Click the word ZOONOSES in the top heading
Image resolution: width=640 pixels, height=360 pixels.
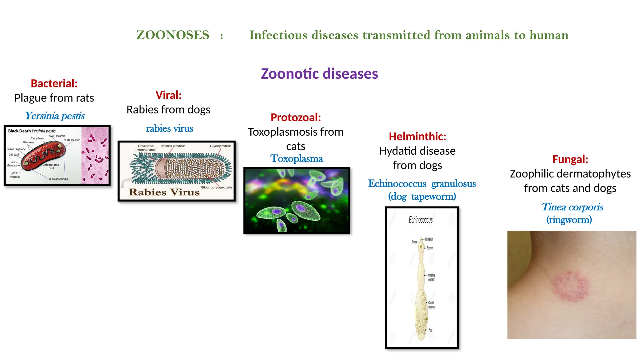click(172, 35)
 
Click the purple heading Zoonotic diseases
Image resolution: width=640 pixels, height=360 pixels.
click(319, 74)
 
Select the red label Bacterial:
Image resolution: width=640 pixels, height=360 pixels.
click(54, 83)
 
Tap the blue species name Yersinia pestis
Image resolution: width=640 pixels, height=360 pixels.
click(55, 116)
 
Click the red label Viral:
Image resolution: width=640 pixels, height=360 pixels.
click(168, 95)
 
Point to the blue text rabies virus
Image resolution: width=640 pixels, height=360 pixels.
click(169, 128)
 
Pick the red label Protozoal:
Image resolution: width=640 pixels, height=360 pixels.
click(296, 117)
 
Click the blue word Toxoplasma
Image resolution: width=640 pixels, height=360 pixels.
click(297, 159)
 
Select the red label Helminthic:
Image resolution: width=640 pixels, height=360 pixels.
click(417, 137)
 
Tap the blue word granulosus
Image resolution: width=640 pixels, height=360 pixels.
click(453, 184)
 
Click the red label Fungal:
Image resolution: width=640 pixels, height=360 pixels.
click(570, 159)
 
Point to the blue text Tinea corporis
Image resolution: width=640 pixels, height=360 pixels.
click(572, 207)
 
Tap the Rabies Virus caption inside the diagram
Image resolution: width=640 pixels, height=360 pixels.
click(164, 192)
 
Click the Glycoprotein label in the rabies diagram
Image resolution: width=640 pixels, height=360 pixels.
click(220, 146)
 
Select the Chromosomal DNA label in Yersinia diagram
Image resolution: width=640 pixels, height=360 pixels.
click(51, 166)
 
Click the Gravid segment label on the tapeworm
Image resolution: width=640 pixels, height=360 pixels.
click(431, 305)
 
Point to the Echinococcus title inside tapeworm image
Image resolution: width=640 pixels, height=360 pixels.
click(421, 220)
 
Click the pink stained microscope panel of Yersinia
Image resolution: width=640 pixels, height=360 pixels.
click(95, 155)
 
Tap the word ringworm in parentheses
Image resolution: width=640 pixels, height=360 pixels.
click(569, 220)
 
